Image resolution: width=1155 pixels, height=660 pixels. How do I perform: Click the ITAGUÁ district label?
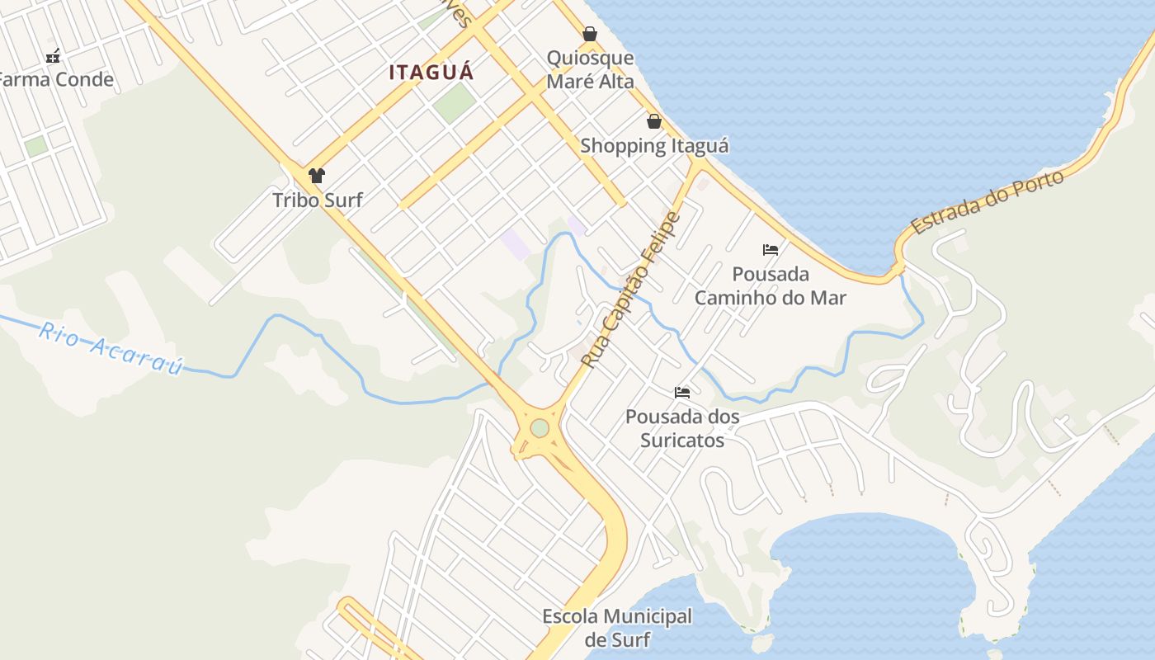point(431,73)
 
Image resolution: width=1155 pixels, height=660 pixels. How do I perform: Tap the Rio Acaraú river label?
point(111,348)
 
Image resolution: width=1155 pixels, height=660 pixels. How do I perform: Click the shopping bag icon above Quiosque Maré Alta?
point(590,34)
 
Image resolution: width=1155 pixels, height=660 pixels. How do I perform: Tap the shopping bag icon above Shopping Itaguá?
point(654,122)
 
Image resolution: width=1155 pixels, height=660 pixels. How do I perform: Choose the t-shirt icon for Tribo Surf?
point(317,175)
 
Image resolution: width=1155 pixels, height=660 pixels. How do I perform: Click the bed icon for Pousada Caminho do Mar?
point(771,249)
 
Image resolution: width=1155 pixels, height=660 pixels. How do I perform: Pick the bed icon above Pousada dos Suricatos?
point(682,392)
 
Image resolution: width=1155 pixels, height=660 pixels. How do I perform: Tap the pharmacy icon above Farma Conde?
point(54,56)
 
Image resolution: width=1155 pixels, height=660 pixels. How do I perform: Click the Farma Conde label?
point(54,80)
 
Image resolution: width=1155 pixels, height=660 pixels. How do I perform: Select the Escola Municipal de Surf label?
point(617,628)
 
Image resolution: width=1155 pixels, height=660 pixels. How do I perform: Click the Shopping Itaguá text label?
point(654,146)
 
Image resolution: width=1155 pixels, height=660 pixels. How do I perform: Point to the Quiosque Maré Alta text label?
point(591,69)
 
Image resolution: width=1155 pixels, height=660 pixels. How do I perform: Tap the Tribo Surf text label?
point(318,200)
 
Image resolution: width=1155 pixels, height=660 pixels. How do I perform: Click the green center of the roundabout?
point(540,429)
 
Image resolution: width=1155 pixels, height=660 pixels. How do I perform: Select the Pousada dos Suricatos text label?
point(682,428)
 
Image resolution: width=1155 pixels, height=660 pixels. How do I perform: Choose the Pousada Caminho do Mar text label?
point(771,285)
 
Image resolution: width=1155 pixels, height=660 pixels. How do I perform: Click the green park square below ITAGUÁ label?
point(455,103)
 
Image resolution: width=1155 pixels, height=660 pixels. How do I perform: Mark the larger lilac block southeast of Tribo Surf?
point(516,244)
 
